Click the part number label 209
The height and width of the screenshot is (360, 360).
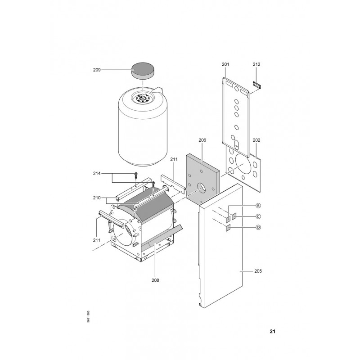tap(97, 70)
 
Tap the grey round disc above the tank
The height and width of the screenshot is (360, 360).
tap(143, 71)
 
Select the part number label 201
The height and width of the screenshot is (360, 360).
tap(225, 64)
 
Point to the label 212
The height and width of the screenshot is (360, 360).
tap(256, 64)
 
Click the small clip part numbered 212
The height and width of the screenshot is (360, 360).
tap(257, 85)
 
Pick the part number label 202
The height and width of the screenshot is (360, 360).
tap(256, 140)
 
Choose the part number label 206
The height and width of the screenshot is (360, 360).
tap(202, 140)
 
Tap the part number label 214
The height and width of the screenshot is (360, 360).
tap(97, 174)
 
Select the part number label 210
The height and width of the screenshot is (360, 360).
tap(97, 198)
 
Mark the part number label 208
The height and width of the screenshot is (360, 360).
tap(155, 280)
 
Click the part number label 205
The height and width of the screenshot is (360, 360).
tap(258, 271)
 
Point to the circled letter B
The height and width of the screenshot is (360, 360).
tap(258, 206)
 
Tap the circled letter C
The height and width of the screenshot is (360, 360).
tap(258, 216)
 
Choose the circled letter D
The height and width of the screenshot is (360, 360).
tap(258, 227)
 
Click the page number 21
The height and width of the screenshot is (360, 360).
tap(273, 331)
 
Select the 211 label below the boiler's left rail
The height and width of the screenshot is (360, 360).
tap(97, 240)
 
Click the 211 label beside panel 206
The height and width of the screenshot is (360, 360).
tap(174, 159)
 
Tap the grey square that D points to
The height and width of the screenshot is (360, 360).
tap(228, 228)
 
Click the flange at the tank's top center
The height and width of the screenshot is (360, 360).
tap(143, 99)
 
